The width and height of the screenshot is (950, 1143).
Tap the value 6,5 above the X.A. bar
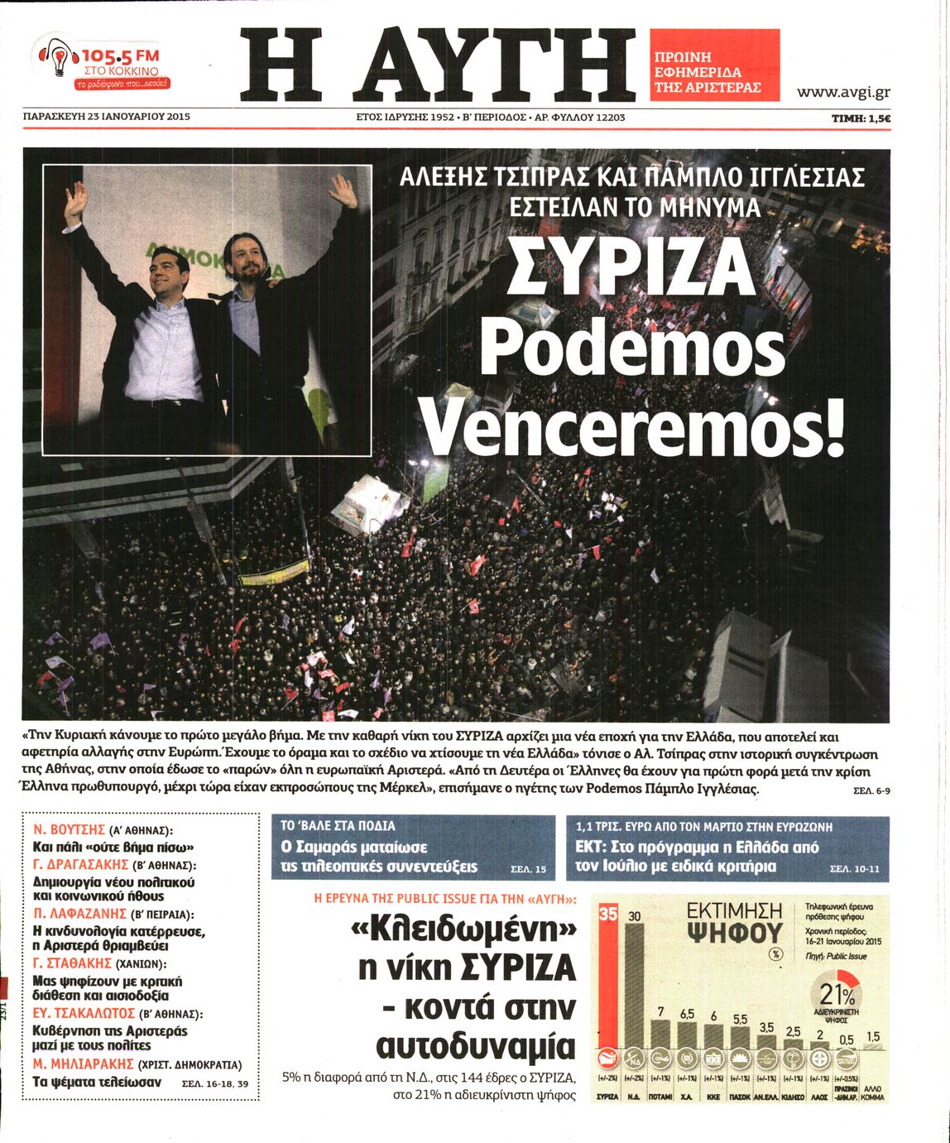pyautogui.click(x=687, y=1014)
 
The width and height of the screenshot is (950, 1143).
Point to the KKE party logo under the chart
pyautogui.click(x=712, y=1059)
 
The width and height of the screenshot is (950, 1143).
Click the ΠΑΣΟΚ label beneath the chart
pyautogui.click(x=739, y=1097)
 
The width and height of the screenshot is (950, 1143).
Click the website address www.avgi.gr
pyautogui.click(x=843, y=92)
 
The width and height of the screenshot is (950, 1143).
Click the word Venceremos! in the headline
pyautogui.click(x=634, y=425)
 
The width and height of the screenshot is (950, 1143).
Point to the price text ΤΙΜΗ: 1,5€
pyautogui.click(x=861, y=118)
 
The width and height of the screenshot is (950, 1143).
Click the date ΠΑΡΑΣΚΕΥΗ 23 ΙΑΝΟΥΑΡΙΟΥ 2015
pyautogui.click(x=107, y=117)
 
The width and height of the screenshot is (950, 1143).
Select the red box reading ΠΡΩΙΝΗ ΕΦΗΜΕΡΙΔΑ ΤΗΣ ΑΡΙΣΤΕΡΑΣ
pyautogui.click(x=715, y=65)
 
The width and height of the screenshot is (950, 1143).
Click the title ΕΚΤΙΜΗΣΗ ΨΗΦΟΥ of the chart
pyautogui.click(x=734, y=922)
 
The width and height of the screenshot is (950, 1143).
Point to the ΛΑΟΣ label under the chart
pyautogui.click(x=819, y=1097)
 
